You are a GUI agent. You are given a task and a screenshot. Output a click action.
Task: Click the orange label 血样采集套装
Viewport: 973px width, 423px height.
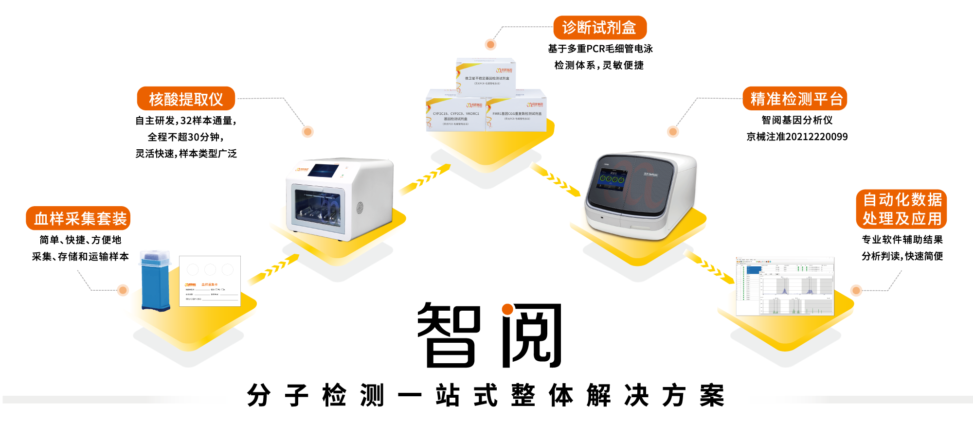point(78,218)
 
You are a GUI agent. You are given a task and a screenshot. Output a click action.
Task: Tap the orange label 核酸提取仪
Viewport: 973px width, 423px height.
point(186,99)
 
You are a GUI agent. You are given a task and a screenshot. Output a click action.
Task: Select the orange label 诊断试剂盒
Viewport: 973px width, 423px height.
point(599,28)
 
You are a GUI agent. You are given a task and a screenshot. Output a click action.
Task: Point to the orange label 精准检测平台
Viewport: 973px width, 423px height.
point(795,99)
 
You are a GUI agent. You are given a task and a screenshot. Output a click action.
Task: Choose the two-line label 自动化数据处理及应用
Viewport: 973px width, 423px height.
point(901,209)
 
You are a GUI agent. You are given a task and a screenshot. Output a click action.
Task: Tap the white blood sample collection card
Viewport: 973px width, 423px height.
point(210,281)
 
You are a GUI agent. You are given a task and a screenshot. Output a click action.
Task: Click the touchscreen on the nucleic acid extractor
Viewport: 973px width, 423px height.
point(324,171)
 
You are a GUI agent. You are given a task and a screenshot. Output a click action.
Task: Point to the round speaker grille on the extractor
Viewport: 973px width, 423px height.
point(360,208)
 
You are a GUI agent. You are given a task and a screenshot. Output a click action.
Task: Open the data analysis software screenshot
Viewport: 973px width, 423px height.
point(785,286)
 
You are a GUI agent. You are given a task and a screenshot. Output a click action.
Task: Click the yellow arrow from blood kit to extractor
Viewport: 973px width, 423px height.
point(271,270)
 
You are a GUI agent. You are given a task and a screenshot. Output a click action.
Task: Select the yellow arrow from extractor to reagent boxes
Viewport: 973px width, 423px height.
point(423,180)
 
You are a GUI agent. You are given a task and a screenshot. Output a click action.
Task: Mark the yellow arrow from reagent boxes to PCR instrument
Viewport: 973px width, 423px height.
point(556,179)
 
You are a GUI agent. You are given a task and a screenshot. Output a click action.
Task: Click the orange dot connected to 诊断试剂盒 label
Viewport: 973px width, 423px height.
point(490,45)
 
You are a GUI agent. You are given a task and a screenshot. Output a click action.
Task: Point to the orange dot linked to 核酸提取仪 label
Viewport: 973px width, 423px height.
point(307,132)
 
